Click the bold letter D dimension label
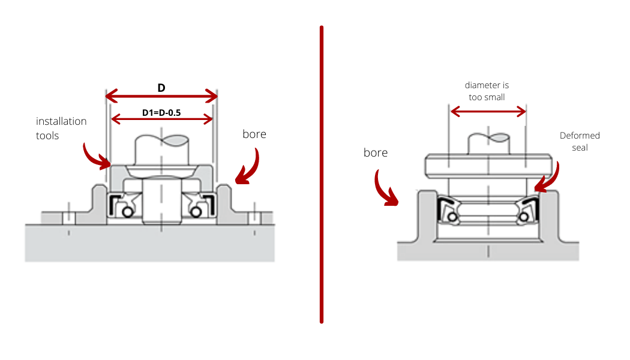click(x=161, y=88)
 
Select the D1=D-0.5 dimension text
click(x=162, y=112)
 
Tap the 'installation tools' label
click(x=61, y=128)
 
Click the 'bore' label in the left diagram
click(x=254, y=134)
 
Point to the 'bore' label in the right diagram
click(x=376, y=153)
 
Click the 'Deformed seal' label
click(x=580, y=141)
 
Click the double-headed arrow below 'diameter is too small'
click(x=488, y=111)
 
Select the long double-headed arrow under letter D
click(x=161, y=96)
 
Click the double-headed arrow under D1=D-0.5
click(x=162, y=119)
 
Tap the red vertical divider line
click(x=322, y=174)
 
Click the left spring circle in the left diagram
click(x=127, y=212)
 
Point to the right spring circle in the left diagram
click(x=194, y=212)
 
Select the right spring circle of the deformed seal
click(x=526, y=216)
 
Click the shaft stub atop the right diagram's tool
click(x=488, y=142)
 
